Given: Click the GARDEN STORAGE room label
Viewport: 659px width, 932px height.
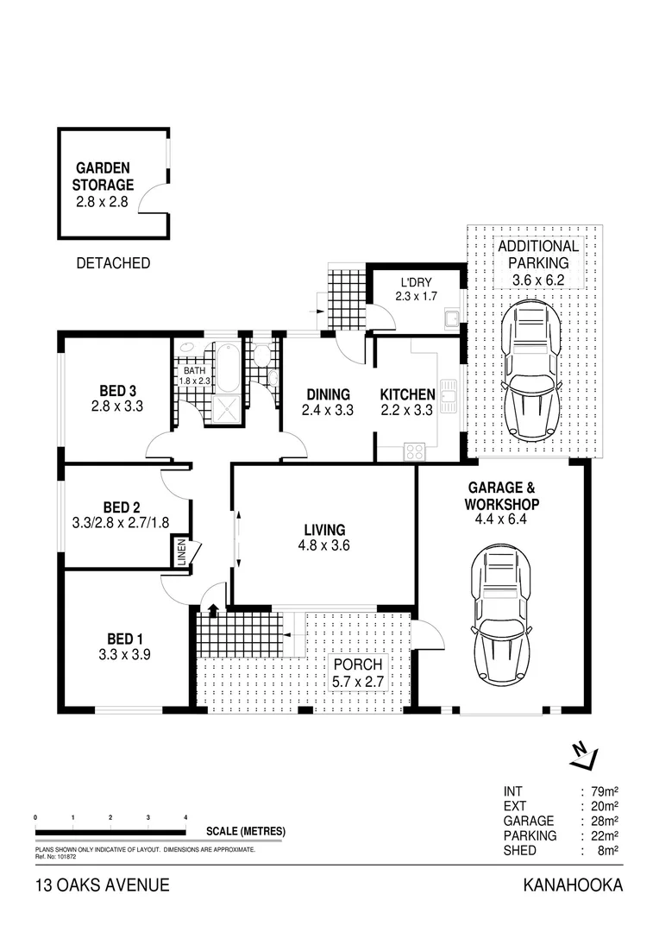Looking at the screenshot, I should pos(104,176).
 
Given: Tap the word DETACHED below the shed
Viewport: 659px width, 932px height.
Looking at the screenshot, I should pos(113,263).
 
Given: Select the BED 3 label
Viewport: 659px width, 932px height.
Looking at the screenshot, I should pos(116,388).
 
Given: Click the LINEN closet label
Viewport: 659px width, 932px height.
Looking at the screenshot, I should pos(181,553).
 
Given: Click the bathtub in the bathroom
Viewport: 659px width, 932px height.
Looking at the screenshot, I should pos(228,369).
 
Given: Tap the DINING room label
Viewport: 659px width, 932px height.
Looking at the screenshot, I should pos(327,394).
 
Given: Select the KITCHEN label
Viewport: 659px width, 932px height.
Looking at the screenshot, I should pos(407,394).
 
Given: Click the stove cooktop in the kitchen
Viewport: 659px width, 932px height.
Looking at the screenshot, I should pos(414,450).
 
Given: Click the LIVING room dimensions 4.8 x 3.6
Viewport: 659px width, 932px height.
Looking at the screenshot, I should pos(323,545).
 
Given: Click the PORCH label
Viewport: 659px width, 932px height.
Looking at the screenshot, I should pos(359,664).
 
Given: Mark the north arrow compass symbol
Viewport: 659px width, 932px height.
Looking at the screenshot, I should pos(584,756).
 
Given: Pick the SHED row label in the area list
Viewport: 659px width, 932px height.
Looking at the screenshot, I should pos(520,851).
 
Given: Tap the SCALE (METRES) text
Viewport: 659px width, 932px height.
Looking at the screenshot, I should pos(246,832).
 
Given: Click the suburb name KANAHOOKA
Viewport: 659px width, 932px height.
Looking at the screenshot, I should pos(573,885).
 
